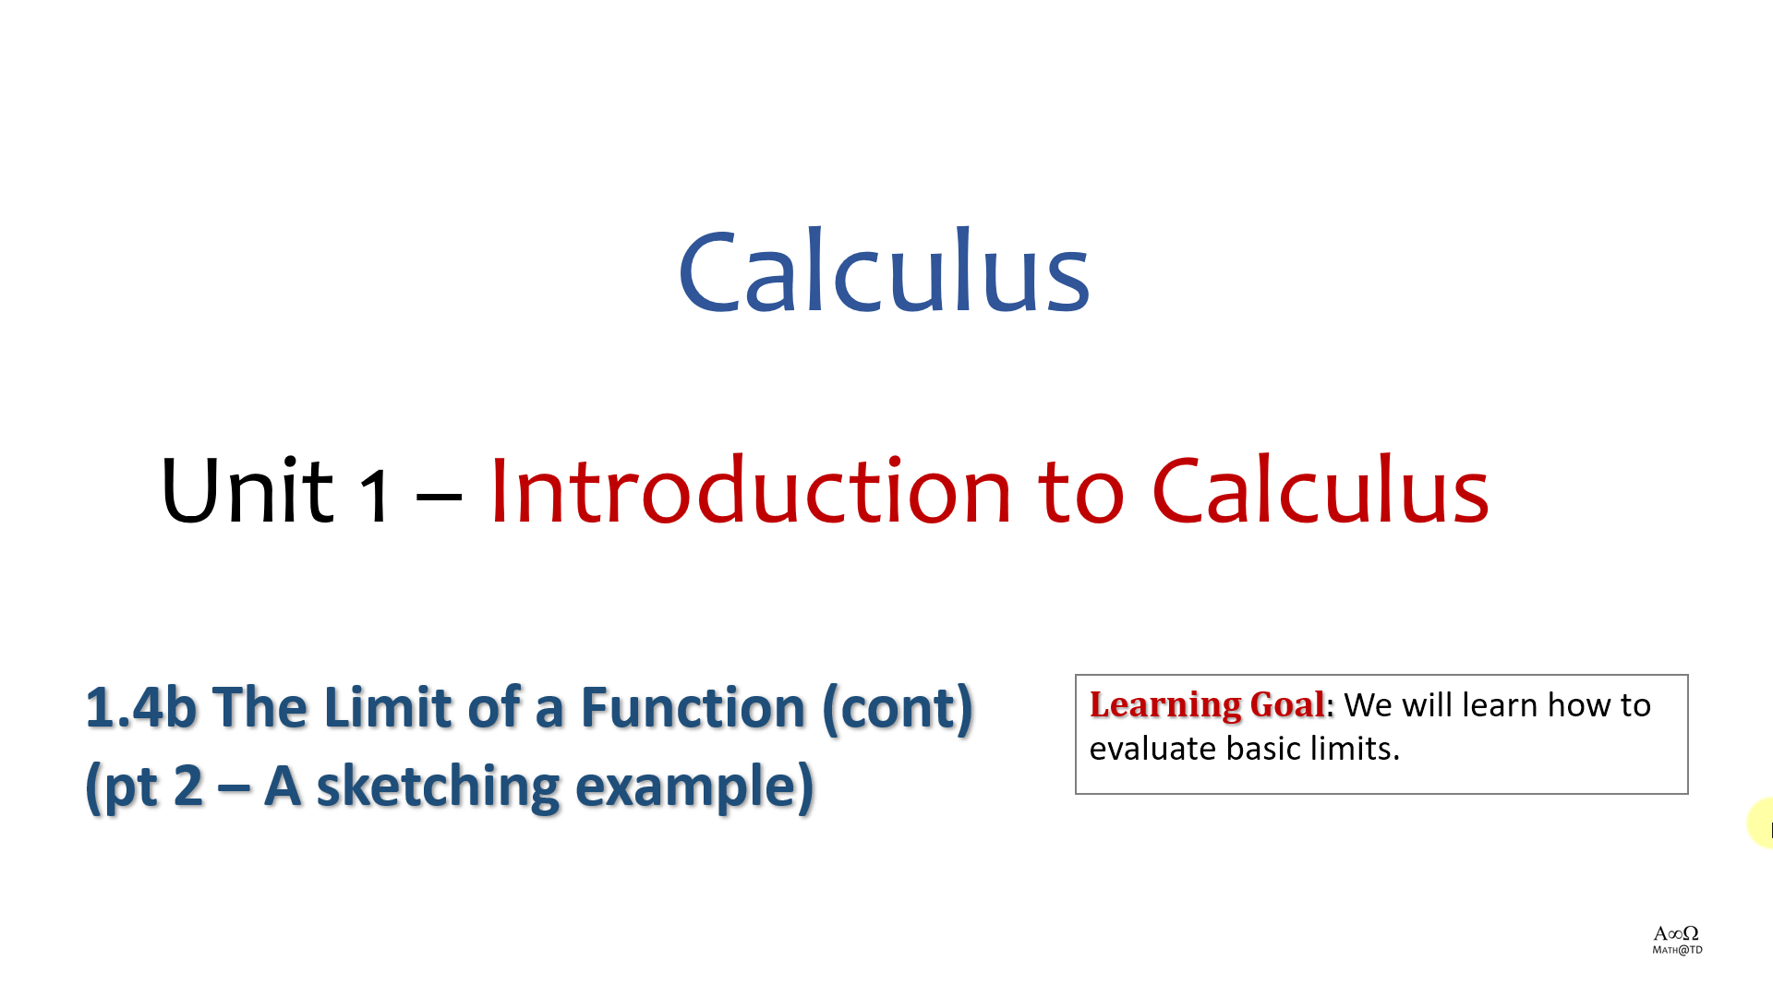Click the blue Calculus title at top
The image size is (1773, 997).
tap(884, 270)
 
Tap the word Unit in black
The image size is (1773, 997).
tap(246, 489)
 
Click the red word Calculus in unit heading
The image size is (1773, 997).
tap(1321, 489)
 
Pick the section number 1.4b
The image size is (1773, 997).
tap(141, 707)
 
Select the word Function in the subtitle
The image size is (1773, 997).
tap(693, 707)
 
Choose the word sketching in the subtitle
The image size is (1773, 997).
tap(438, 787)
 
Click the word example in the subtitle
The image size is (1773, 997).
tap(694, 787)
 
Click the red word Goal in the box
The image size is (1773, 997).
tap(1287, 704)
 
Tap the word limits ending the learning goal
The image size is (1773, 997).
tap(1355, 749)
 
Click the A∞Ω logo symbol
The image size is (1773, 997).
tap(1676, 933)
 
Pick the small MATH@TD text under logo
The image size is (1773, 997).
tap(1677, 950)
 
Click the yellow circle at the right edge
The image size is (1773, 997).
tap(1761, 823)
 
